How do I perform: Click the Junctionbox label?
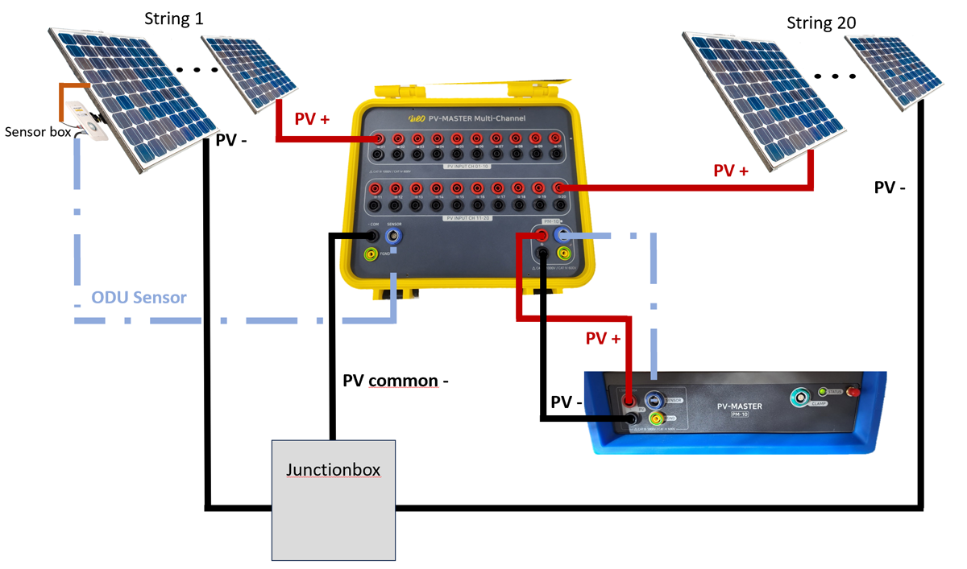334,468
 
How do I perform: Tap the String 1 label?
173,18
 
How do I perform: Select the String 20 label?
821,23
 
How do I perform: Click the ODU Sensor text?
139,298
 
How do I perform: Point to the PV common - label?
395,380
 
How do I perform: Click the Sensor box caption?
37,131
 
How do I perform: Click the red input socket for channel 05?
457,138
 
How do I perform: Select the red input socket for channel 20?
557,188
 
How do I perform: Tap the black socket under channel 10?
556,155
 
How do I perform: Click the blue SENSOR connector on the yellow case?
394,236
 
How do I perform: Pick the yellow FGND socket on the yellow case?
371,255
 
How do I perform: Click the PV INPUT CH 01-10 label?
467,167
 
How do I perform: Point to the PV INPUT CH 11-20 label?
467,217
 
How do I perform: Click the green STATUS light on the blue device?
823,392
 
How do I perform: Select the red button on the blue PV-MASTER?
855,392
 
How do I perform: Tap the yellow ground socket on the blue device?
658,419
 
